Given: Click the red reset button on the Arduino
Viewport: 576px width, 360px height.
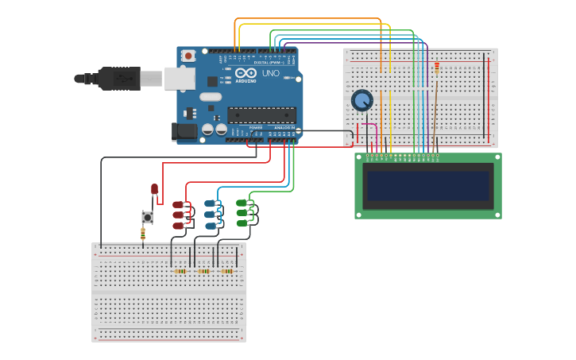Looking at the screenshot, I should pyautogui.click(x=188, y=56).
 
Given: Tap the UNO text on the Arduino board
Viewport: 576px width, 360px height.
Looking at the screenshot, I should pyautogui.click(x=271, y=73).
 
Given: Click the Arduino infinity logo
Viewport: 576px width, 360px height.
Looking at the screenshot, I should pyautogui.click(x=245, y=73).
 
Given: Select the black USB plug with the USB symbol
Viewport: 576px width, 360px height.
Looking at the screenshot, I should pyautogui.click(x=119, y=79).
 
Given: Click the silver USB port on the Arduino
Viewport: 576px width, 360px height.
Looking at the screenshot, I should pyautogui.click(x=180, y=78).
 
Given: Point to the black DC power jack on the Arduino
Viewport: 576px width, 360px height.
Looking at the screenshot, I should pyautogui.click(x=185, y=132).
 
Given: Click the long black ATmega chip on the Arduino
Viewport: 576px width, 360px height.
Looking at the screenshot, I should pyautogui.click(x=261, y=114).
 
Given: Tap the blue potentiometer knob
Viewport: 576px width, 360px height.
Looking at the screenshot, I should pyautogui.click(x=362, y=100).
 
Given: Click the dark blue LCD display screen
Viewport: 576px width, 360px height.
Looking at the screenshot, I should pyautogui.click(x=427, y=186).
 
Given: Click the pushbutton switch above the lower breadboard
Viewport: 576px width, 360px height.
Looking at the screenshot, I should pyautogui.click(x=147, y=217).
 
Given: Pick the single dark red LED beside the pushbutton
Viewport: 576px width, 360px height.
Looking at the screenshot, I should pyautogui.click(x=154, y=189).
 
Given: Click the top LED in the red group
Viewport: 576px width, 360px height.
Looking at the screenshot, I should pyautogui.click(x=179, y=204).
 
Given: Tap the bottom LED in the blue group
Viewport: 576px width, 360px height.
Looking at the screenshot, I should pyautogui.click(x=211, y=226).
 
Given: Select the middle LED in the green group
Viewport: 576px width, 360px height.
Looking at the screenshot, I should pyautogui.click(x=242, y=213).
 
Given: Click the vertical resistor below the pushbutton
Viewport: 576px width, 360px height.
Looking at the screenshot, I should pyautogui.click(x=143, y=233).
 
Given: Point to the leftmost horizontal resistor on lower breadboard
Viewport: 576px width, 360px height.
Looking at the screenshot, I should pyautogui.click(x=180, y=271).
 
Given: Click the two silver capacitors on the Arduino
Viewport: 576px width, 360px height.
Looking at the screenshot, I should pyautogui.click(x=214, y=129).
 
